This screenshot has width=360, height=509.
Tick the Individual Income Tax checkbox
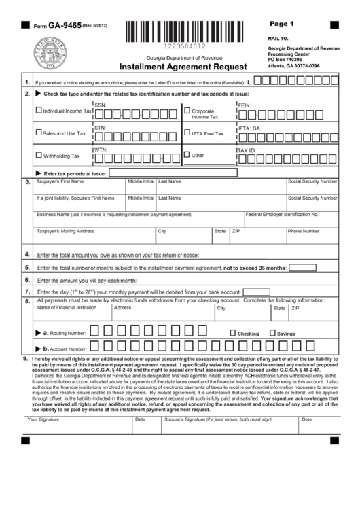[38, 110]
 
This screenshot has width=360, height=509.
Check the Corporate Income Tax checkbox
[187, 110]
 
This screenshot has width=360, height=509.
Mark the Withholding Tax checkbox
[38, 155]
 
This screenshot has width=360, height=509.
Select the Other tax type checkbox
[187, 154]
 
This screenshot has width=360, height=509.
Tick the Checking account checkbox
[233, 333]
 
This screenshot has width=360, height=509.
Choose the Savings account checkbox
[273, 333]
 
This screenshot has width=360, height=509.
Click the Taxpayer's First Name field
[79, 190]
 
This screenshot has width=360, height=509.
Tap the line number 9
[25, 358]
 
